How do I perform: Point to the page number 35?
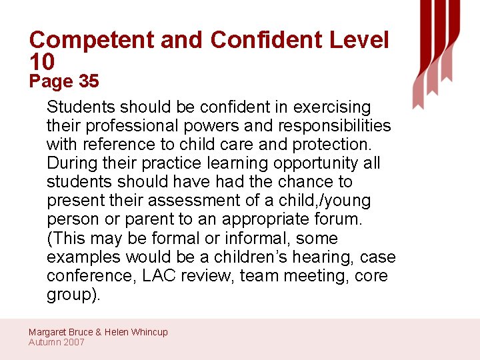[89, 82]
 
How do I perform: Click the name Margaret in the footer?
[48, 332]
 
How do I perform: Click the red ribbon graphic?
[436, 50]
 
